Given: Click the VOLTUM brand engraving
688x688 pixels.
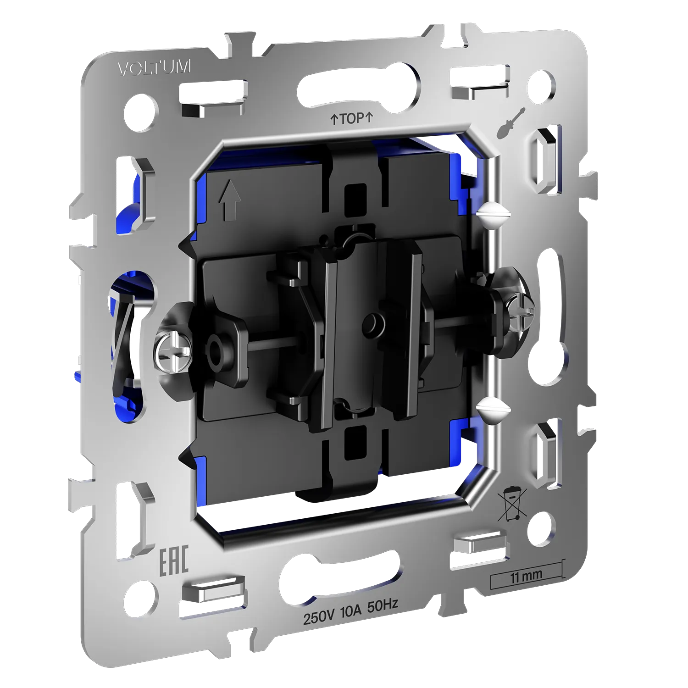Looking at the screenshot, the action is [154, 68].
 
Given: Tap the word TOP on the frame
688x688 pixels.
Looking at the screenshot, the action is [352, 119].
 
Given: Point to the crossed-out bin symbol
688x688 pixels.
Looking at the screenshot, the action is [512, 505].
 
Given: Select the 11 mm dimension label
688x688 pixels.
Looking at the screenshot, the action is [526, 576].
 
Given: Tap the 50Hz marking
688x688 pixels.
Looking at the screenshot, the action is [383, 606].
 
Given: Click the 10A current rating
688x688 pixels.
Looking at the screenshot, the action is [351, 611].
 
